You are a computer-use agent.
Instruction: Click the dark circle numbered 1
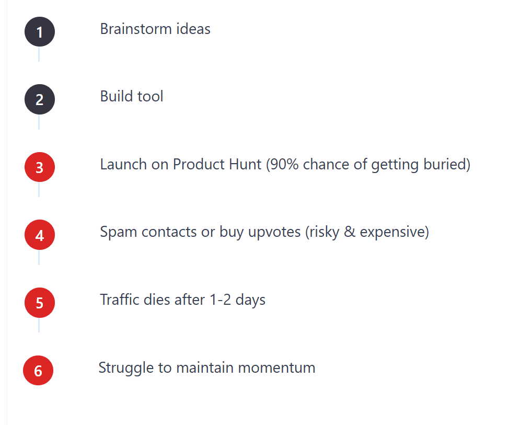tap(40, 32)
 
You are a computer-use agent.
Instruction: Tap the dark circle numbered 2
tap(40, 99)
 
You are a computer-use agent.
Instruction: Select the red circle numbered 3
tap(40, 167)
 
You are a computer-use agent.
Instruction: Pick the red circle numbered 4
tap(40, 235)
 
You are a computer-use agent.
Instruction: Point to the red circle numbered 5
tap(40, 303)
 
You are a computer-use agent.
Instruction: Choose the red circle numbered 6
tap(38, 371)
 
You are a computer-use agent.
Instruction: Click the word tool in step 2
tap(151, 97)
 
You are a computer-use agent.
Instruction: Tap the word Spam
tap(114, 232)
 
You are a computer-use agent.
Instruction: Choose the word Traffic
tap(117, 300)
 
